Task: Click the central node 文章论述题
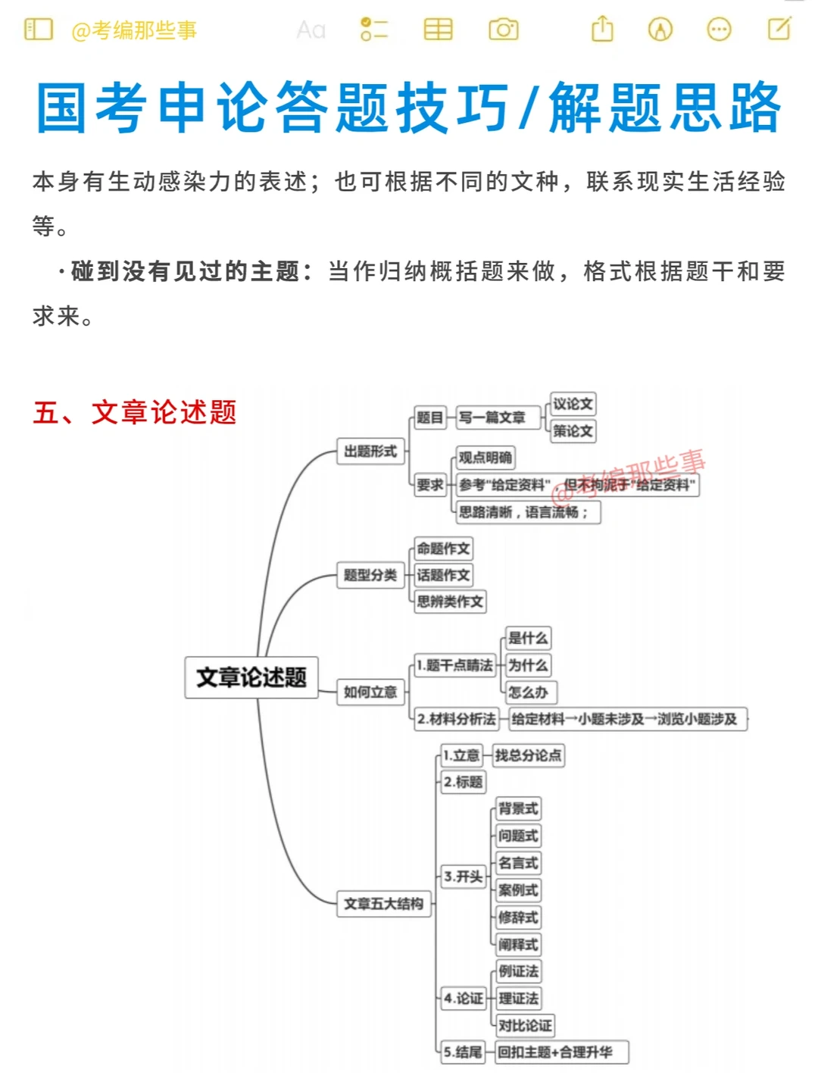pyautogui.click(x=251, y=677)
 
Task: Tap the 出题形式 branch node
pyautogui.click(x=370, y=452)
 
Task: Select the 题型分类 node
pyautogui.click(x=370, y=575)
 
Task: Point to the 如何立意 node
pyautogui.click(x=370, y=692)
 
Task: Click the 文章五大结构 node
pyautogui.click(x=383, y=904)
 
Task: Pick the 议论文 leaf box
pyautogui.click(x=573, y=404)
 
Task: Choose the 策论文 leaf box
pyautogui.click(x=573, y=431)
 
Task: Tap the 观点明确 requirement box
pyautogui.click(x=485, y=458)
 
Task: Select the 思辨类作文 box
pyautogui.click(x=450, y=602)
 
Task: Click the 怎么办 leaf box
pyautogui.click(x=529, y=692)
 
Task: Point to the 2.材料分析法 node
pyautogui.click(x=456, y=719)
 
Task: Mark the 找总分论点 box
pyautogui.click(x=529, y=755)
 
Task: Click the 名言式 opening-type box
pyautogui.click(x=518, y=863)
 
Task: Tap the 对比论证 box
pyautogui.click(x=525, y=1026)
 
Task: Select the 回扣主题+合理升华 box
pyautogui.click(x=561, y=1052)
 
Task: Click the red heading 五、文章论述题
pyautogui.click(x=135, y=412)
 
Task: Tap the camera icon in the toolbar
pyautogui.click(x=504, y=30)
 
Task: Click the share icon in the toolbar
pyautogui.click(x=602, y=29)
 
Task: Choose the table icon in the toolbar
pyautogui.click(x=438, y=30)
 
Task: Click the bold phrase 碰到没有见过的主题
pyautogui.click(x=185, y=271)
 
